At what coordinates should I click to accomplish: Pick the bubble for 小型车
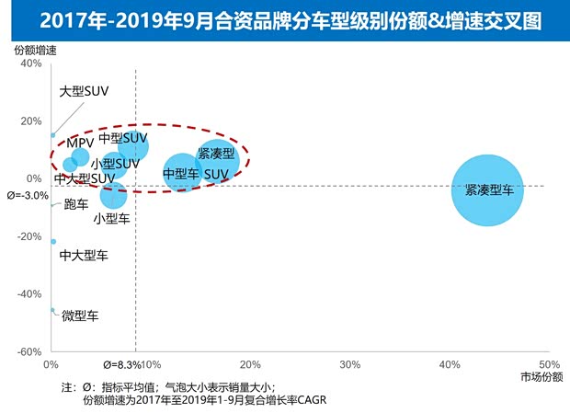tap(113, 195)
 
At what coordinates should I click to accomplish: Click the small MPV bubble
tap(80, 156)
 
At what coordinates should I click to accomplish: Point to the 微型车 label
tap(80, 315)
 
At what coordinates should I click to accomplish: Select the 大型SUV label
tap(84, 92)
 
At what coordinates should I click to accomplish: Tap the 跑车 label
tap(76, 204)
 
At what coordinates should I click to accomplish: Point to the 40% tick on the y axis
tap(30, 63)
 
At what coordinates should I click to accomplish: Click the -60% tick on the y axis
tap(28, 352)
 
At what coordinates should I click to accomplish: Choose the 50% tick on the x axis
tap(549, 365)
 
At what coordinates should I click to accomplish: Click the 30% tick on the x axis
tap(349, 365)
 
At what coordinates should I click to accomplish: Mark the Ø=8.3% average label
tap(122, 365)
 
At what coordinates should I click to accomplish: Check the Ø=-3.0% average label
tap(28, 196)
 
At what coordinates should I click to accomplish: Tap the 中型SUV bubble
tap(133, 145)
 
